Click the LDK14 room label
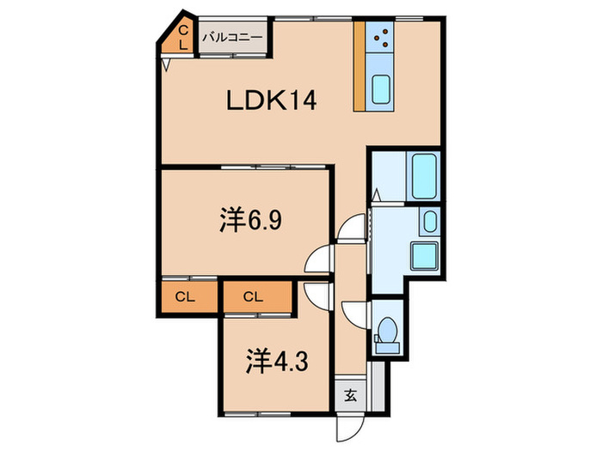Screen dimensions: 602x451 coord(272,101)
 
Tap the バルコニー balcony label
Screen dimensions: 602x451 coord(233,38)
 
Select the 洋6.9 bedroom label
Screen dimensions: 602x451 coord(251,220)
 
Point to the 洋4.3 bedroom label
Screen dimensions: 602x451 coord(277,362)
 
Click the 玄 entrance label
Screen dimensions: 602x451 coord(350,395)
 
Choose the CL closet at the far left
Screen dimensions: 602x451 coord(186,297)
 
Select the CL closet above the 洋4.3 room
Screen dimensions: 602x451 coord(254,297)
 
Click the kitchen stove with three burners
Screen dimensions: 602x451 coord(379,37)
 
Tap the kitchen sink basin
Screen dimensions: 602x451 coord(381,89)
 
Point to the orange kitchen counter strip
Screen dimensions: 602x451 coord(359,66)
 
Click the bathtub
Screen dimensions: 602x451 coord(424,176)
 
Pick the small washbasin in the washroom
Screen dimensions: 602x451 coord(430,222)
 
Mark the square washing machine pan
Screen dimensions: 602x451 coord(424,256)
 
